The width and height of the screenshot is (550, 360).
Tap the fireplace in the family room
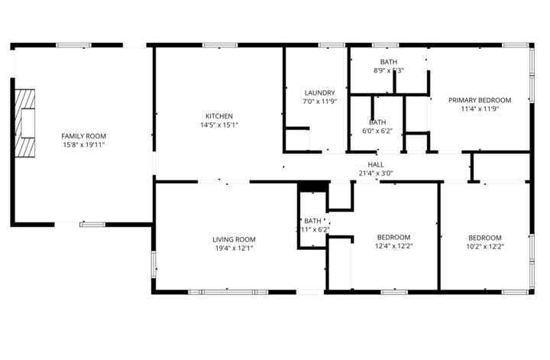point(27,122)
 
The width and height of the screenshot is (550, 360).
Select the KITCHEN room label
point(218,116)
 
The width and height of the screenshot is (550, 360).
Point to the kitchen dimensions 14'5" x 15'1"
point(218,125)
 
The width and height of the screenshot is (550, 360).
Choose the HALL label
point(376,164)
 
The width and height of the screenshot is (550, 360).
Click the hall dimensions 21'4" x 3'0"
point(376,173)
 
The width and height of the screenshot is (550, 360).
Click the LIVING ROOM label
point(234,239)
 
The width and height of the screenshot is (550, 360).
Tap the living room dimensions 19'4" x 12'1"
point(234,248)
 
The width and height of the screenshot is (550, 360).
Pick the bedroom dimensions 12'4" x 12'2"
point(393,246)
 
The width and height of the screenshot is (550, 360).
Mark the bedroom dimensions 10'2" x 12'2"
point(485,246)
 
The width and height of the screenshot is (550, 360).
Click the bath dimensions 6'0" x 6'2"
point(377,131)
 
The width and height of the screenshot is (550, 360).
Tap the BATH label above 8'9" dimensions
point(388,62)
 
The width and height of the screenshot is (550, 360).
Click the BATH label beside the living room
point(313,221)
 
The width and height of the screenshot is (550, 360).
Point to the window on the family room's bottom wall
point(92,224)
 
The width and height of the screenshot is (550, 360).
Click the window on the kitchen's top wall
point(214,45)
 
